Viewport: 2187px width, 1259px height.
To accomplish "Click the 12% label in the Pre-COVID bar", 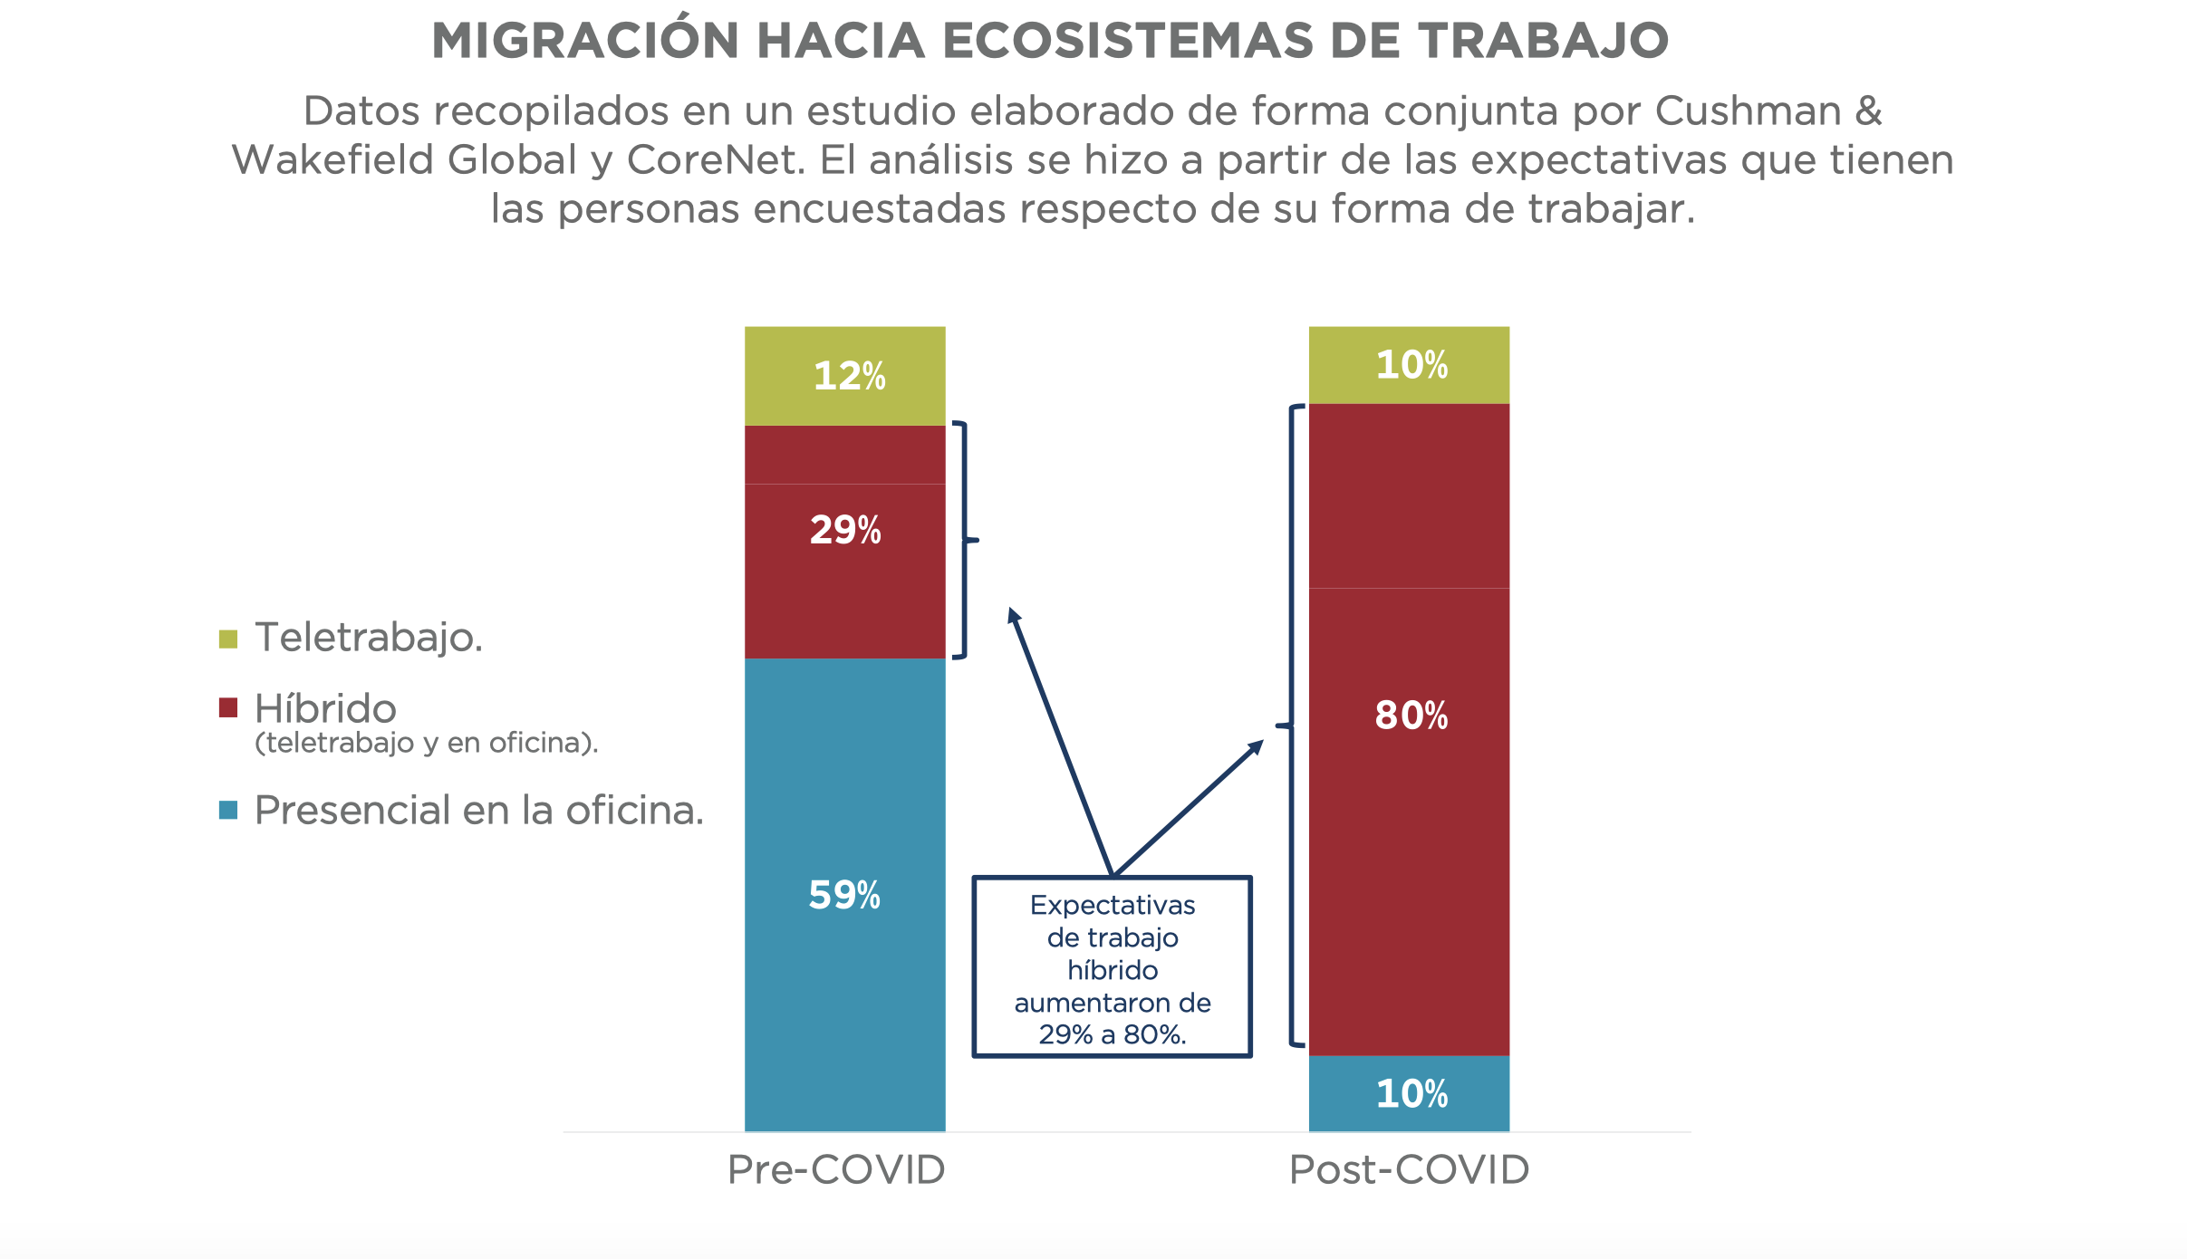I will (x=849, y=376).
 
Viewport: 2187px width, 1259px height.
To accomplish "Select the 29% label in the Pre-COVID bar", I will (x=845, y=530).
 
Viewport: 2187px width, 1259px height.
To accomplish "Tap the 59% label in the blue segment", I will (x=844, y=895).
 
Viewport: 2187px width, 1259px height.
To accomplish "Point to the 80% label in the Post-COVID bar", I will (x=1411, y=716).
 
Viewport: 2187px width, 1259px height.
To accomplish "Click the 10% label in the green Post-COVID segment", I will (x=1411, y=365).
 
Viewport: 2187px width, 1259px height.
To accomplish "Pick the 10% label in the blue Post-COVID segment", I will (x=1411, y=1094).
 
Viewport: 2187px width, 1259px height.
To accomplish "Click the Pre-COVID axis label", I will (x=836, y=1170).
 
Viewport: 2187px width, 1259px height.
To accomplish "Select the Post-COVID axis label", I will (x=1409, y=1170).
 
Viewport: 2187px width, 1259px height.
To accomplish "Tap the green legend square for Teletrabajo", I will (x=228, y=639).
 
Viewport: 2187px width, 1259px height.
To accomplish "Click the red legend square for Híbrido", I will (x=228, y=708).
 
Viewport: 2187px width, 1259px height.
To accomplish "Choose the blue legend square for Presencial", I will (x=228, y=811).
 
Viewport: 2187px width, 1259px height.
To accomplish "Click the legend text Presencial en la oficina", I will (x=478, y=811).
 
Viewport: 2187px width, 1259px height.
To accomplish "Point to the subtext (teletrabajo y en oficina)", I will (x=426, y=744).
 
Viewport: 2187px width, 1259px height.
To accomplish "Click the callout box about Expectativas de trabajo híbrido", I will (x=1113, y=967).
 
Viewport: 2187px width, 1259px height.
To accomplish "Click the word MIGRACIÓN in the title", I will (x=585, y=42).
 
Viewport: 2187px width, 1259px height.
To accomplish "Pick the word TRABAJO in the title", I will (x=1543, y=42).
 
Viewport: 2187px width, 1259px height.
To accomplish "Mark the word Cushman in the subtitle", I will (x=1748, y=111).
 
